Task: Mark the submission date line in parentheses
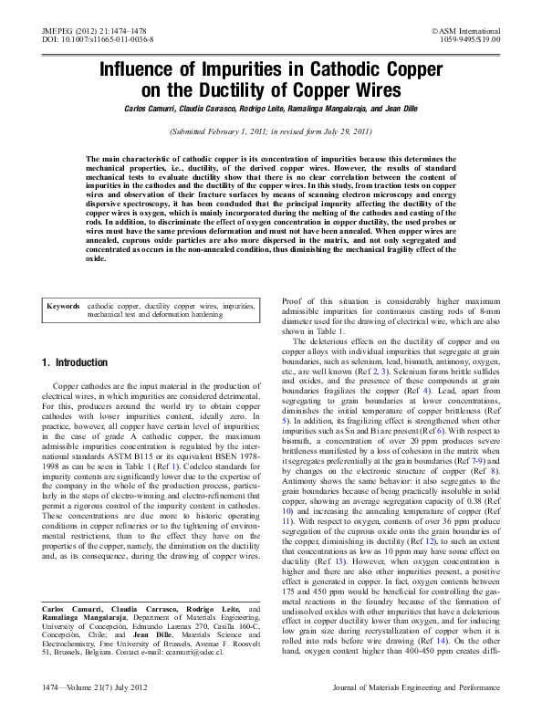271,131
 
